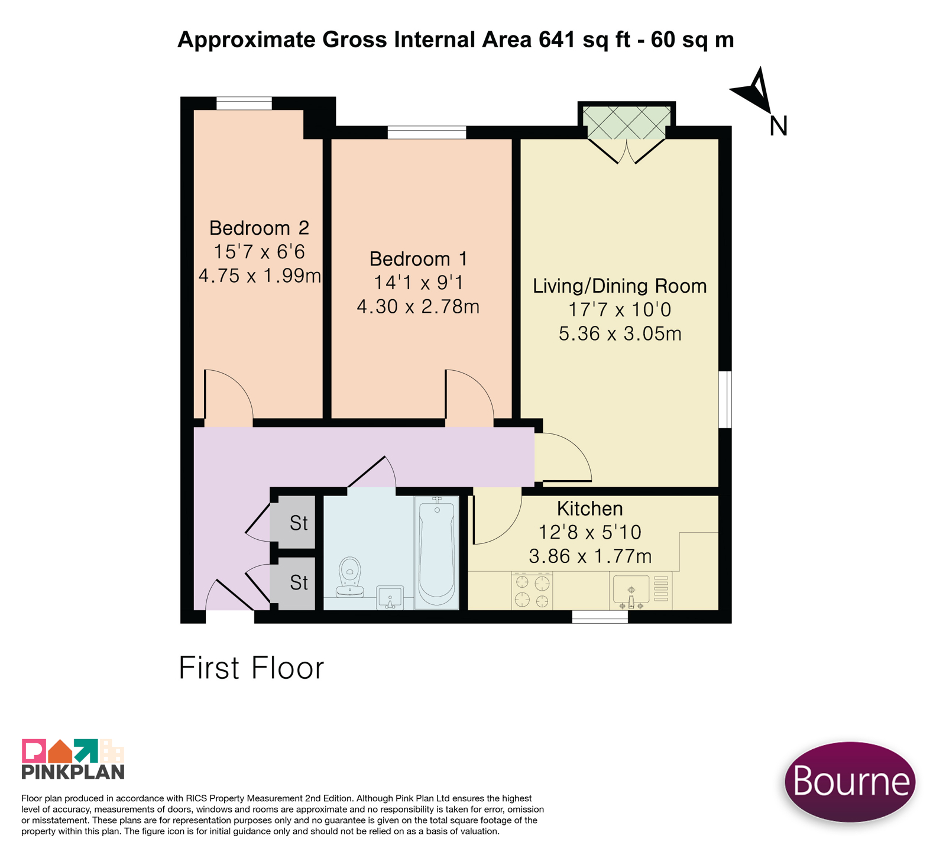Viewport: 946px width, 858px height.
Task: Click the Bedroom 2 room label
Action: (259, 228)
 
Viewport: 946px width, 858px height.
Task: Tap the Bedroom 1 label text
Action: (418, 259)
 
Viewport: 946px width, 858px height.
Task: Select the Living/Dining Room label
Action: (620, 286)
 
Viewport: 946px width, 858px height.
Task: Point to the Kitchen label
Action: (589, 509)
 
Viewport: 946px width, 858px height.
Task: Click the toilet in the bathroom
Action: (350, 577)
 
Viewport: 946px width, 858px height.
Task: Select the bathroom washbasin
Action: (390, 598)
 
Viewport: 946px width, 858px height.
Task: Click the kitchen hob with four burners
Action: (532, 590)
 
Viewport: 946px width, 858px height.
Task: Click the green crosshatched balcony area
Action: (627, 123)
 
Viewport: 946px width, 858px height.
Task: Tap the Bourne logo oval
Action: (850, 781)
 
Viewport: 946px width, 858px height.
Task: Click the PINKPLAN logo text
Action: (73, 772)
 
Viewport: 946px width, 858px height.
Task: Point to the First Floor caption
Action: (251, 668)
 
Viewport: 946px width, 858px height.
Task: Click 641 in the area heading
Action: (556, 40)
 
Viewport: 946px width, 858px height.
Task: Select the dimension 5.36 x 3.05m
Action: (620, 334)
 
